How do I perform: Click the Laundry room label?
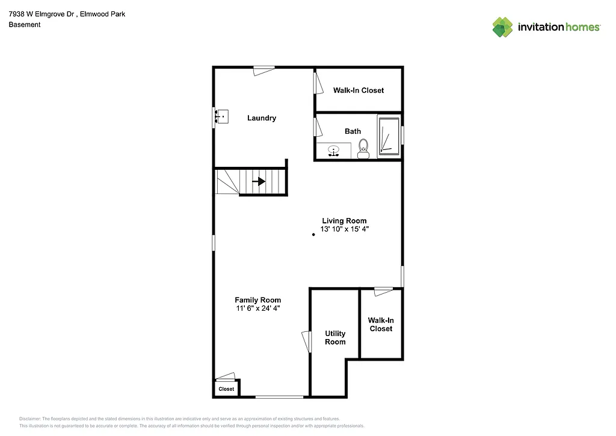click(x=262, y=118)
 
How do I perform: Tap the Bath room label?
click(x=353, y=131)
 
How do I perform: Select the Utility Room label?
click(x=335, y=338)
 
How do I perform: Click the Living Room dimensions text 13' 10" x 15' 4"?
click(x=344, y=229)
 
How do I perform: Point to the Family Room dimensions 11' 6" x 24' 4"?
click(x=257, y=308)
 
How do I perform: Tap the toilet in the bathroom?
click(x=363, y=148)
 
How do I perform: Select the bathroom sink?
click(x=334, y=151)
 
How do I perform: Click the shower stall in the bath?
click(x=389, y=137)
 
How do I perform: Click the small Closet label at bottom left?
click(x=226, y=389)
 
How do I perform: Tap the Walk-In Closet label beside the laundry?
click(x=359, y=90)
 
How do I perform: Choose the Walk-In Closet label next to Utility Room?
click(x=380, y=325)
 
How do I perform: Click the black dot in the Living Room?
click(x=313, y=234)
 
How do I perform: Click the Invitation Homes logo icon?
click(x=502, y=27)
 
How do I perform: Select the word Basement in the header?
click(x=25, y=25)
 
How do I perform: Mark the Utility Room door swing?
click(x=307, y=341)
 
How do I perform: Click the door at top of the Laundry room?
click(x=263, y=70)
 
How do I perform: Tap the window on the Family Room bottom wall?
click(x=280, y=396)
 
